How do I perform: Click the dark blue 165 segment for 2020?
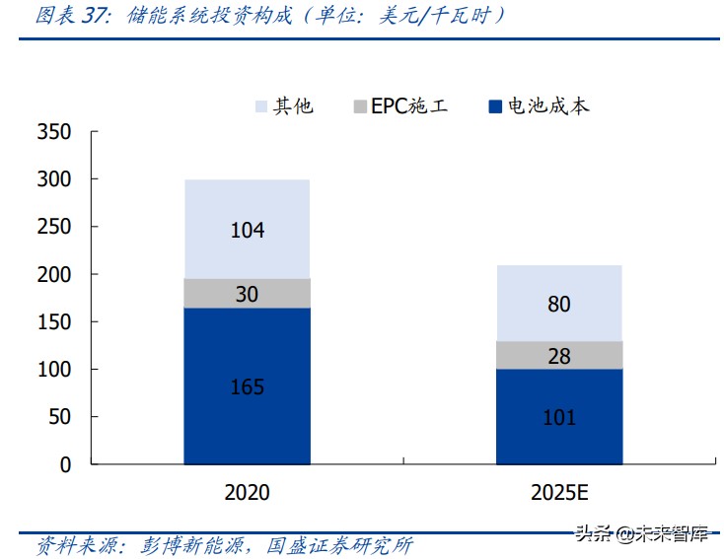pos(247,385)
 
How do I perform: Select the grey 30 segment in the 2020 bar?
pos(247,293)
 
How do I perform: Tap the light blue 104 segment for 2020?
pos(247,230)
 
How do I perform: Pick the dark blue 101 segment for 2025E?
pos(558,416)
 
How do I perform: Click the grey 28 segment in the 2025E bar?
pos(558,356)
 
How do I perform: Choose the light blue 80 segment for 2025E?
pos(558,304)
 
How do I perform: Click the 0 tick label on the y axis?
pos(66,464)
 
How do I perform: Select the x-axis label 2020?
pos(247,492)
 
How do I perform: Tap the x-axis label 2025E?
pos(558,492)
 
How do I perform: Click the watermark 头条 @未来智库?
pos(641,535)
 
